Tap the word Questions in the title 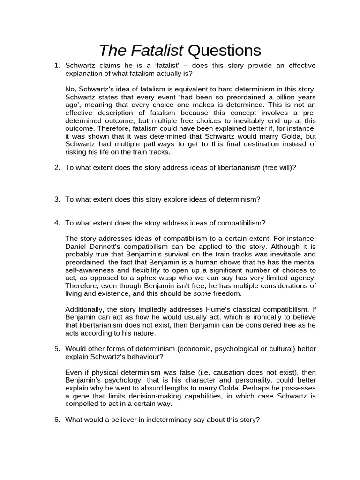point(224,50)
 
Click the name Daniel point(77,246)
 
